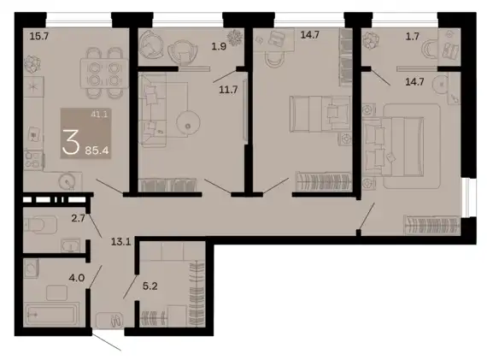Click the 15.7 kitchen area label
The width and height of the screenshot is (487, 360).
click(x=39, y=37)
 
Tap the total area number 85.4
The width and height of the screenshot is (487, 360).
click(x=97, y=150)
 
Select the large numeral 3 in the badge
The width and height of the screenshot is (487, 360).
click(x=71, y=143)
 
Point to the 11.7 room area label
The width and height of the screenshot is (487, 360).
click(x=228, y=90)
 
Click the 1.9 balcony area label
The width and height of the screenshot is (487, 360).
click(x=219, y=47)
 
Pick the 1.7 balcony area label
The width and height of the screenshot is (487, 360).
click(x=413, y=37)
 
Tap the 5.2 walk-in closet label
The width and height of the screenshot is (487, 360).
click(x=150, y=286)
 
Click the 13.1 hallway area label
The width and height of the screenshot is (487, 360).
click(x=120, y=241)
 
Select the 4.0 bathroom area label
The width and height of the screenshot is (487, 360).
click(x=77, y=277)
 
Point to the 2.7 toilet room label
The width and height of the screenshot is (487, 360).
click(x=78, y=218)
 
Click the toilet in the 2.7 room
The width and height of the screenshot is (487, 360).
click(x=40, y=224)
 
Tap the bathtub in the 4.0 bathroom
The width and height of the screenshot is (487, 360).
click(x=51, y=315)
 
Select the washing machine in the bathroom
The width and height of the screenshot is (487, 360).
click(x=32, y=269)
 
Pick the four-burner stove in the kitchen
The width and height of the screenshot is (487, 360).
click(x=33, y=160)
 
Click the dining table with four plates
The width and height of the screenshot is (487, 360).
click(x=104, y=74)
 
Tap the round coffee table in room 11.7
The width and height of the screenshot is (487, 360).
click(x=188, y=123)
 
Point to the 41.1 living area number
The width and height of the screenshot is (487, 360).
click(x=99, y=115)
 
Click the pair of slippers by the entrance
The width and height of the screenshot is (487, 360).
click(x=116, y=321)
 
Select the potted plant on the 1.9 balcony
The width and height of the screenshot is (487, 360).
click(x=235, y=38)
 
